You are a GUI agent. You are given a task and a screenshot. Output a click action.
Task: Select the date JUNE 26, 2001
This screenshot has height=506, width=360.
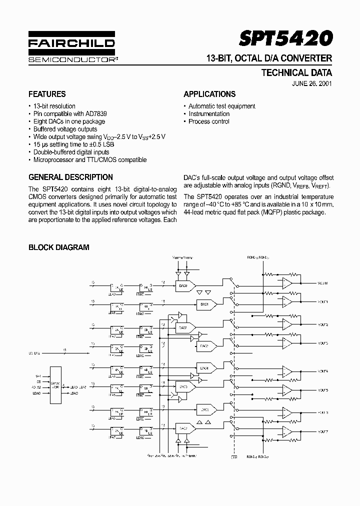pos(312,83)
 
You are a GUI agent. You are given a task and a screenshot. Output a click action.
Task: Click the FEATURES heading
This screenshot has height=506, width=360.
pos(47,94)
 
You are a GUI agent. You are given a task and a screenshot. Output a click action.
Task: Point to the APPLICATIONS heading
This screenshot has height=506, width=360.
pos(209,94)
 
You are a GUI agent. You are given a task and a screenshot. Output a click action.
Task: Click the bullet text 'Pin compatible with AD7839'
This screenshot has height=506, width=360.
pos(70,113)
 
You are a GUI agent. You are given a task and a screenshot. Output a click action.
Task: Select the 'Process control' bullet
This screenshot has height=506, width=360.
pos(209,121)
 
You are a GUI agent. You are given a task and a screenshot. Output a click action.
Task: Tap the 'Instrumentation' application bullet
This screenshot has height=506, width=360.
pos(209,113)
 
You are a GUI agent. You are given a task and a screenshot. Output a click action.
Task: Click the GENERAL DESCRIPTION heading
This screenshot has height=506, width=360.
pos(70,177)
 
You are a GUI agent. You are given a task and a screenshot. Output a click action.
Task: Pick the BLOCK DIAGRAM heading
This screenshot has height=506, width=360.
pos(58,247)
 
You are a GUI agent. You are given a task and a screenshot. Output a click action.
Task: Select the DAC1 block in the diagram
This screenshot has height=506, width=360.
pos(205,303)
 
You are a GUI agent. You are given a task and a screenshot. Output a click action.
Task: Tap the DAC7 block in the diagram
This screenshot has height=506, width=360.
pos(183,428)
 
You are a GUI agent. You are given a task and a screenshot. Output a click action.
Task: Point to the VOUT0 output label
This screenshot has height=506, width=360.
pos(322,283)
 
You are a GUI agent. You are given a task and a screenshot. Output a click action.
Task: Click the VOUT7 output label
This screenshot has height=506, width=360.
pos(322,431)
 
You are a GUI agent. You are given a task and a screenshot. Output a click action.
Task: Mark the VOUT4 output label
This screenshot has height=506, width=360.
pos(322,371)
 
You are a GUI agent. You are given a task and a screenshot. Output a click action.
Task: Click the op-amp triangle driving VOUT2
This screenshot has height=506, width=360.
pos(287,324)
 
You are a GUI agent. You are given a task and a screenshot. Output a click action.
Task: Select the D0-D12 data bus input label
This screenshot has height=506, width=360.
pos(34,353)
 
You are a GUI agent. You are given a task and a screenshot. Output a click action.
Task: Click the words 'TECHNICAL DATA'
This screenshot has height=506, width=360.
pos(296,72)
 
